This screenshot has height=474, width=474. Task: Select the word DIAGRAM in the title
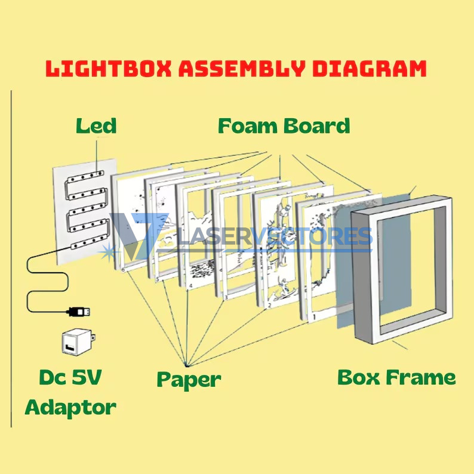click(370, 68)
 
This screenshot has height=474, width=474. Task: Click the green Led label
click(96, 126)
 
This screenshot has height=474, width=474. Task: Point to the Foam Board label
click(284, 126)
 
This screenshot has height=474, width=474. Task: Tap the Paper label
click(189, 380)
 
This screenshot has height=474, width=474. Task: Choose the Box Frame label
click(396, 377)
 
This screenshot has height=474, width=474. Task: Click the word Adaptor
click(70, 408)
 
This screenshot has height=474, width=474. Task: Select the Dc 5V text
click(70, 377)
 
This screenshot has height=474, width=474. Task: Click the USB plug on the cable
click(78, 312)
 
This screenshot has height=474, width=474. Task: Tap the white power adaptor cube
click(79, 341)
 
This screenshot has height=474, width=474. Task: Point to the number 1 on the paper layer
click(314, 317)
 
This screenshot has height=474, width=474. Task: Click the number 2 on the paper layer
click(270, 306)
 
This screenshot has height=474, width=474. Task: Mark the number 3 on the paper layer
click(226, 298)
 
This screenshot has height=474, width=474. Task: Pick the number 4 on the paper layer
click(190, 286)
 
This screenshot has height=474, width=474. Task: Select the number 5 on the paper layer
click(157, 279)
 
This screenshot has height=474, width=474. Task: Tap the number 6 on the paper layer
click(123, 270)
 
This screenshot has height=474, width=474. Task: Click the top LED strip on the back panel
click(85, 177)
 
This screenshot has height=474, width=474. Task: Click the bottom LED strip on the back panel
click(89, 242)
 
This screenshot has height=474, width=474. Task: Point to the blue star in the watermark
click(108, 253)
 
